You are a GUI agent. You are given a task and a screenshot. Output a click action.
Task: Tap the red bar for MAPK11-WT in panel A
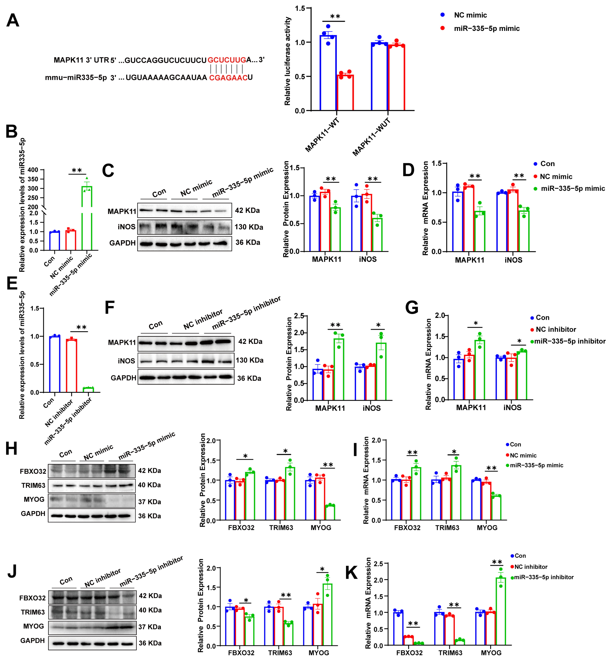(x=345, y=92)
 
